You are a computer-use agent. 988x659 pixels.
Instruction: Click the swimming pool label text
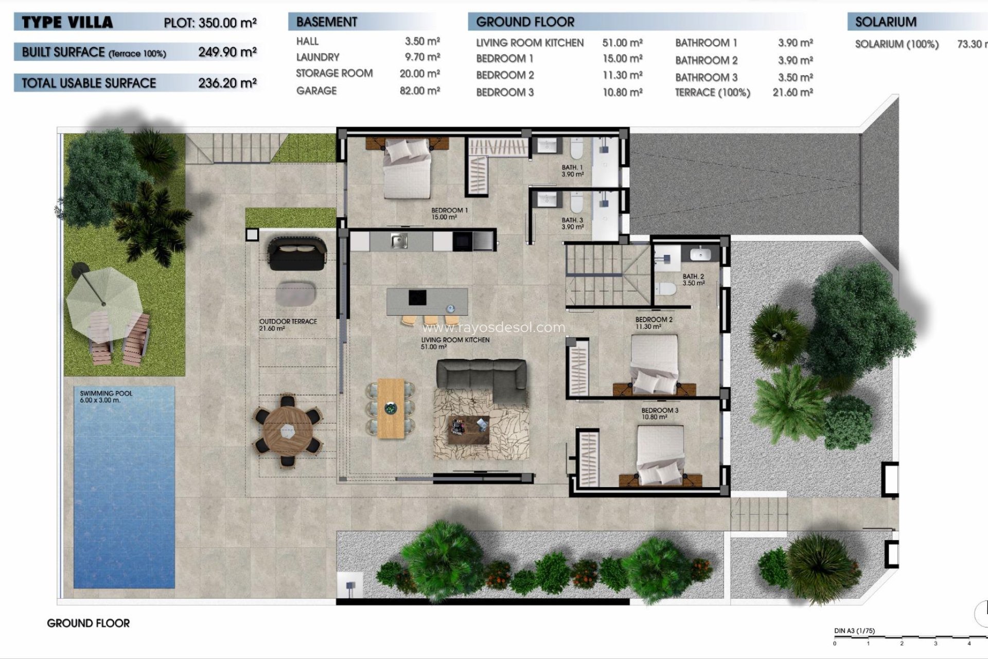tap(106, 396)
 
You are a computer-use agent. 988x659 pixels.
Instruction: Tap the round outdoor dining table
tap(288, 430)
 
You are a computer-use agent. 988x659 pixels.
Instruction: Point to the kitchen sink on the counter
tap(399, 240)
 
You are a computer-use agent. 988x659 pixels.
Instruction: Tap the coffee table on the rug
tap(468, 429)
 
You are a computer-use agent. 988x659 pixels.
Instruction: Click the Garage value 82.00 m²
tap(419, 91)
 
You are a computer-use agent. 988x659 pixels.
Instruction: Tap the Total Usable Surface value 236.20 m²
tap(227, 83)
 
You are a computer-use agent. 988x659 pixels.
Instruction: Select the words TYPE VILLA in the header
tap(67, 23)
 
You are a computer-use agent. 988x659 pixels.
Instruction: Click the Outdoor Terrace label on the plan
tap(288, 324)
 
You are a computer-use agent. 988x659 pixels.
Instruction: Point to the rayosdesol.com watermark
tap(493, 327)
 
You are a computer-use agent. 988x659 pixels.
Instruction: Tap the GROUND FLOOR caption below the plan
tap(88, 623)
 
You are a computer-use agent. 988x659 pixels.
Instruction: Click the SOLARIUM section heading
tap(885, 22)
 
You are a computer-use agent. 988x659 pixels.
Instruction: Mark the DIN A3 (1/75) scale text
tap(854, 631)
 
